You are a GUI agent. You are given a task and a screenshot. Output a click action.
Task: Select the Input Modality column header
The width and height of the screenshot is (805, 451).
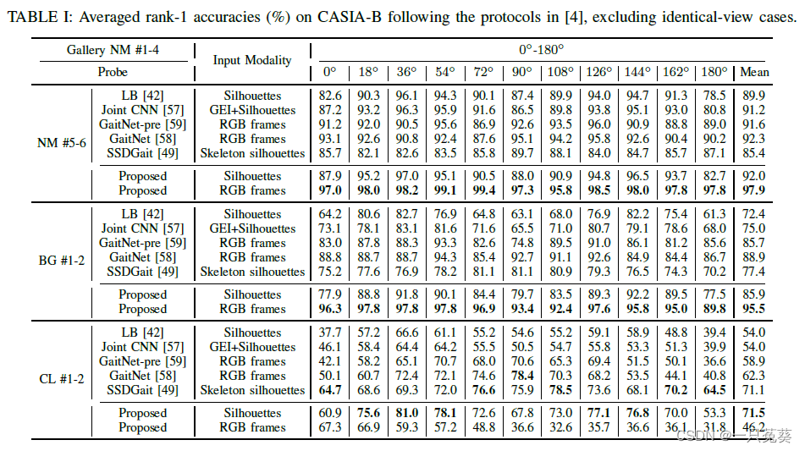252,60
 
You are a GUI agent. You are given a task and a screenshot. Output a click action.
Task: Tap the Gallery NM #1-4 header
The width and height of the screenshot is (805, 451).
113,51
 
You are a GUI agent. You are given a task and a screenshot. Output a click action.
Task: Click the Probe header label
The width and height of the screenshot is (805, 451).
113,72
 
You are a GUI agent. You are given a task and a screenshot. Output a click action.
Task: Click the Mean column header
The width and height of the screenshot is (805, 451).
754,72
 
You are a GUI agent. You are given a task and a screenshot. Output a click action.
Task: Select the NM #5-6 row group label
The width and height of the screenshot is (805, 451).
62,143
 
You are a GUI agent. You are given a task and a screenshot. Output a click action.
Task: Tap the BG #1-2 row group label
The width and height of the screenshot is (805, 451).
62,261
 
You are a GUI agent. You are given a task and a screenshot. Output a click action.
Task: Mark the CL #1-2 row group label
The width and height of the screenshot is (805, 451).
62,379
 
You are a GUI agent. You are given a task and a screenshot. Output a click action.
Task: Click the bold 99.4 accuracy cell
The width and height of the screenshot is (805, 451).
485,190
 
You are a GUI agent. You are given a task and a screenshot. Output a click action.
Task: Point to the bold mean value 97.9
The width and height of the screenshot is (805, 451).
754,190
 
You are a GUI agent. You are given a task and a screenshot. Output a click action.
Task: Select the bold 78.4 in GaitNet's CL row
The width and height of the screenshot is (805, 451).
523,376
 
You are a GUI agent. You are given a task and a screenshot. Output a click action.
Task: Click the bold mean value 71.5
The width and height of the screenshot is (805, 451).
754,413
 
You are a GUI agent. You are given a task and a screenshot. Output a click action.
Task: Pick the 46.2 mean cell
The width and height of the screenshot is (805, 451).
754,427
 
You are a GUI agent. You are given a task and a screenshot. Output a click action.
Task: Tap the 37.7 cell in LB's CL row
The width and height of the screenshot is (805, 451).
331,333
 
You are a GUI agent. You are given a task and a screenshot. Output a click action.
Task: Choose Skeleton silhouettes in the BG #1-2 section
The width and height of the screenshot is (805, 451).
252,272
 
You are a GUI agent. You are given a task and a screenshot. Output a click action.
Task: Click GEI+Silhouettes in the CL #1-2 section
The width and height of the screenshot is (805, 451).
252,347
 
